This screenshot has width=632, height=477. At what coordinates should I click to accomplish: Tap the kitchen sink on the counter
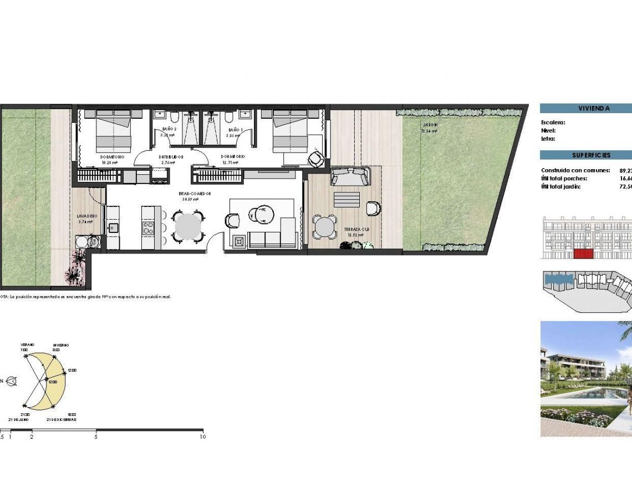click(x=113, y=228)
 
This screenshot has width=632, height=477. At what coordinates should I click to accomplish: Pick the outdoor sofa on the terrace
click(x=350, y=177)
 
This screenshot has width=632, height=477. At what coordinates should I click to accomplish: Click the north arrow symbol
click(x=11, y=381)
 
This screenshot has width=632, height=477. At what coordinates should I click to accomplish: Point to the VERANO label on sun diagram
click(x=27, y=344)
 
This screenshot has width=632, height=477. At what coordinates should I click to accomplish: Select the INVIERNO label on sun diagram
click(x=61, y=345)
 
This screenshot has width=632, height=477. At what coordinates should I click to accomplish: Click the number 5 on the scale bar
click(x=96, y=437)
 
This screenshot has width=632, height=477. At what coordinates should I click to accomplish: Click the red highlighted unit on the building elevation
click(x=583, y=254)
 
